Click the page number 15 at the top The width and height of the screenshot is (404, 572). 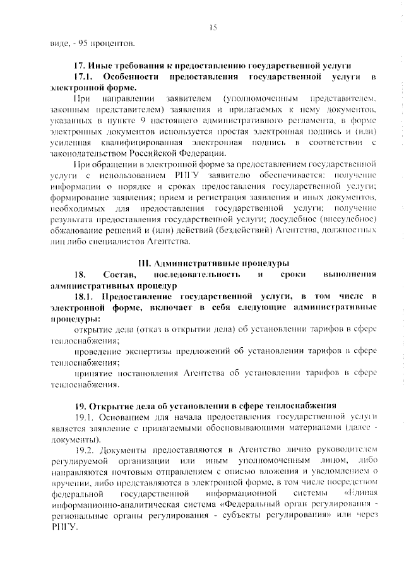point(213,27)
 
